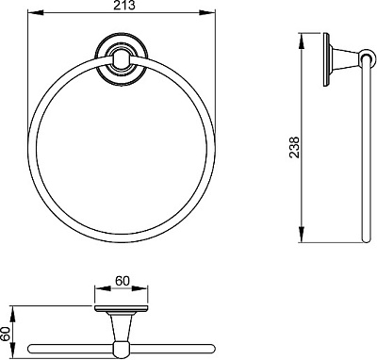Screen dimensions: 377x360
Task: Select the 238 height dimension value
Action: point(294,147)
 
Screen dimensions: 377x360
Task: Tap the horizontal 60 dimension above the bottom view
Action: point(122,281)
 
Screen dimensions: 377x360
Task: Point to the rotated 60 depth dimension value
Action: point(5,334)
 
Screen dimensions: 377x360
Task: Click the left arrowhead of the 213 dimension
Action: point(35,12)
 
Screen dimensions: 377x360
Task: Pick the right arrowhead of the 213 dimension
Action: point(208,12)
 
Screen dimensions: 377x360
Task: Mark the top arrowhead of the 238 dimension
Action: point(301,41)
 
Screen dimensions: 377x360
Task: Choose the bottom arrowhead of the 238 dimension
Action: point(301,235)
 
